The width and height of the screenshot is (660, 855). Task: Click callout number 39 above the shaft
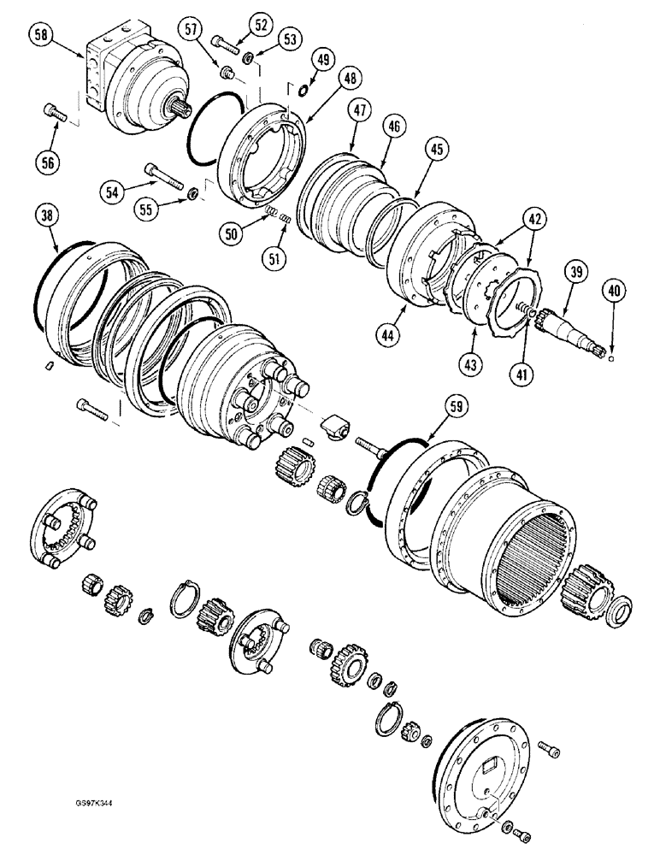coord(574,273)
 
